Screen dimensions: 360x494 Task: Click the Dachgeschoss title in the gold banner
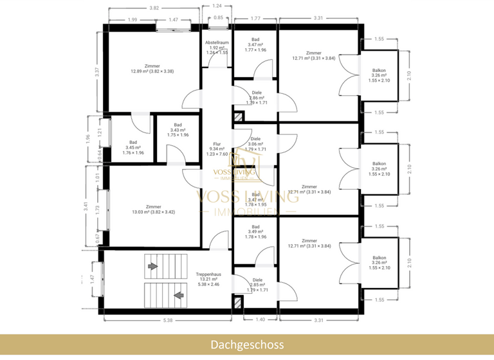pyautogui.click(x=247, y=345)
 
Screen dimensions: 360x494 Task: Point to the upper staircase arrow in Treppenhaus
pyautogui.click(x=153, y=265)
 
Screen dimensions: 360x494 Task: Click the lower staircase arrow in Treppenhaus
pyautogui.click(x=178, y=295)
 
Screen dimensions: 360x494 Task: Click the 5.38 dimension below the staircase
pyautogui.click(x=167, y=319)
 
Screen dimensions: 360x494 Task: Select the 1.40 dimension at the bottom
pyautogui.click(x=260, y=319)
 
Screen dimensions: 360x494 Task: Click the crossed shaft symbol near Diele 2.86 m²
pyautogui.click(x=239, y=118)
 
